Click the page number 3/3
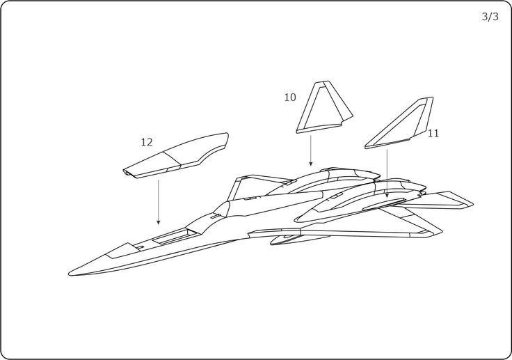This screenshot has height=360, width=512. click(490, 18)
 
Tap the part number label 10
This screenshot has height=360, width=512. click(290, 97)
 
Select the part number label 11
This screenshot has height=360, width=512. click(433, 133)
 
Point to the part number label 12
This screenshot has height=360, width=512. click(146, 142)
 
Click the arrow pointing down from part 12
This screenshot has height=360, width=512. click(159, 202)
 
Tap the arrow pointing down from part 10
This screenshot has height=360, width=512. click(311, 150)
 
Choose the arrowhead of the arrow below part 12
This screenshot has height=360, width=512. click(159, 223)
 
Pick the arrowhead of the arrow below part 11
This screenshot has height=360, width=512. click(387, 198)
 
